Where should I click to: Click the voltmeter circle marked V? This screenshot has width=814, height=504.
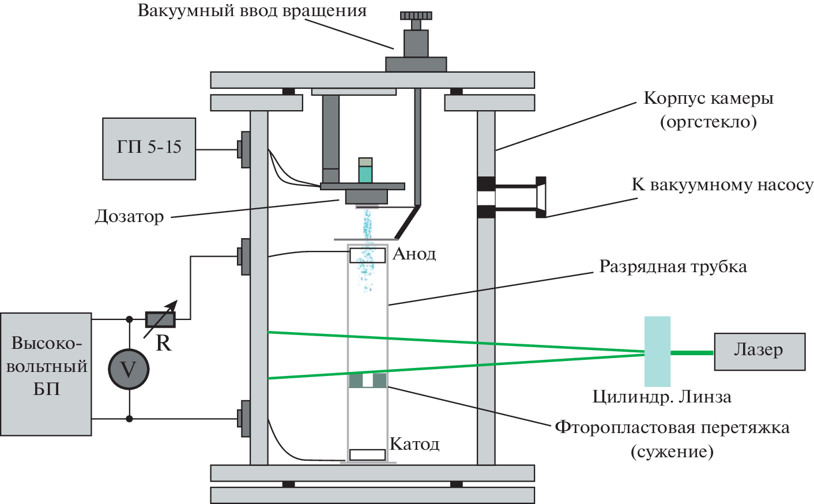[x=129, y=369]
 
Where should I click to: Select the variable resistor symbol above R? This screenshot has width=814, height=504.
[x=160, y=319]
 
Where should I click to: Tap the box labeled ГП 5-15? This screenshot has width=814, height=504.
[x=149, y=148]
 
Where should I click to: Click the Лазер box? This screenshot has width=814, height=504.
[x=759, y=351]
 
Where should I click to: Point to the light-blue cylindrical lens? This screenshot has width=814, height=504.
[x=657, y=351]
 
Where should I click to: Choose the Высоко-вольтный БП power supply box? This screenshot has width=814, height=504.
[x=46, y=374]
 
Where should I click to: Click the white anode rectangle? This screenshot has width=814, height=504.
[x=367, y=255]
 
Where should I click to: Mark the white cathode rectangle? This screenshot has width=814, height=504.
[x=367, y=454]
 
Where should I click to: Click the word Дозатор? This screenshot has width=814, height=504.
[x=130, y=217]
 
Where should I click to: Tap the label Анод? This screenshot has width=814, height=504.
[x=414, y=254]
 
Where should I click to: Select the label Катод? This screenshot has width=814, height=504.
[x=414, y=444]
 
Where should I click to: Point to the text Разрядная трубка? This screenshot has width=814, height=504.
[x=673, y=266]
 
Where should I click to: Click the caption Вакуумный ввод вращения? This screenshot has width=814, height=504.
[x=252, y=11]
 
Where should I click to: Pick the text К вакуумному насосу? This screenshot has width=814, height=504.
[x=722, y=185]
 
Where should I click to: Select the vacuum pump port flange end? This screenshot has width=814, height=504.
[x=541, y=197]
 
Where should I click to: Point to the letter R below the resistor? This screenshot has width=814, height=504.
[x=164, y=343]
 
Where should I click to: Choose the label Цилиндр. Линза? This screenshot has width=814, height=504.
[x=662, y=397]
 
